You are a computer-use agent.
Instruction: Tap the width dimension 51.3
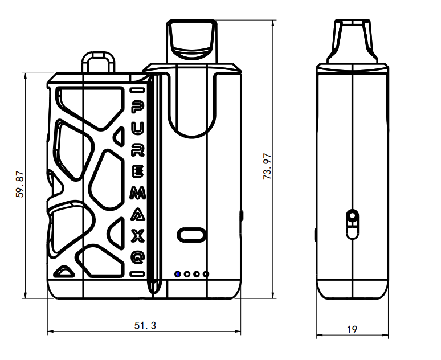145,326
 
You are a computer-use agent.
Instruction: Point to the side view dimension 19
352,329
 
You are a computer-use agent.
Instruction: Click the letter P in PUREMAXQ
138,108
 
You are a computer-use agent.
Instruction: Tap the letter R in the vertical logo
138,150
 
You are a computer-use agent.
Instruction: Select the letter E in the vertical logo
138,172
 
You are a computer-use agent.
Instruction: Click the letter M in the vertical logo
138,194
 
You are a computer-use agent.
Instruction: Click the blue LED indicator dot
178,275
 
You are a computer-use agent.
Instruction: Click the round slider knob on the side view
353,216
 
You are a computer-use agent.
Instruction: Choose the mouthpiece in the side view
353,40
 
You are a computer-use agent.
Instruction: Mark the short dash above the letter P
137,90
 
